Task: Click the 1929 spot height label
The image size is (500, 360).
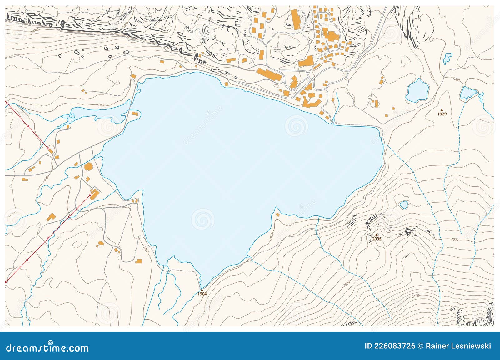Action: tap(442, 114)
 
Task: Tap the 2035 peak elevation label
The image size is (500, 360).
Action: tap(377, 239)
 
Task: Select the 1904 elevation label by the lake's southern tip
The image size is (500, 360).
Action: tap(202, 294)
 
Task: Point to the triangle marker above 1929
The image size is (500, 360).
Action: tap(442, 110)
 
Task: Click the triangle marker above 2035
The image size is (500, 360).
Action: tap(377, 235)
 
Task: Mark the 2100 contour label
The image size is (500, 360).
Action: tap(415, 296)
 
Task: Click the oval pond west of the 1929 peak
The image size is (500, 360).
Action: tap(417, 90)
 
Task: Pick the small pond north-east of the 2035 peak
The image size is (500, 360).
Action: tap(404, 205)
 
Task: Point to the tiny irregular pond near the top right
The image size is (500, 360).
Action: tap(447, 58)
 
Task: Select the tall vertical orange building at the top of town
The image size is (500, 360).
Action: tap(295, 19)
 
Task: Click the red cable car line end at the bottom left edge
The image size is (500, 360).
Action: tap(6, 282)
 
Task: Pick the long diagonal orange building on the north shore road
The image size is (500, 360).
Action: tap(269, 75)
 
